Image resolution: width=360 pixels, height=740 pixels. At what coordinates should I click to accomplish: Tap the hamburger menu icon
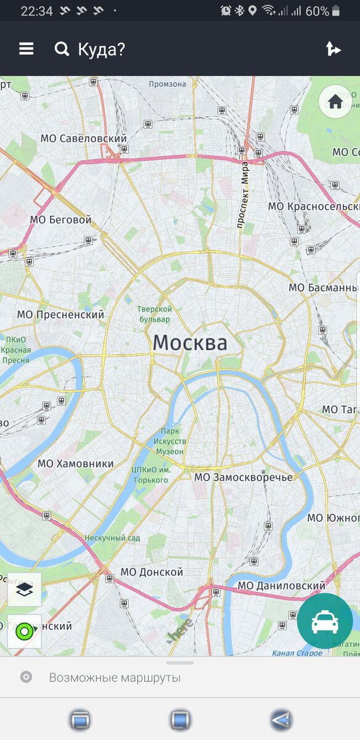click(x=26, y=49)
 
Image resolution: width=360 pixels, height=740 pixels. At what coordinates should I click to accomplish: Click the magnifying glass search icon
click(x=62, y=49)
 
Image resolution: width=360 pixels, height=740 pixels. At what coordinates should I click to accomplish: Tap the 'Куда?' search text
click(x=101, y=49)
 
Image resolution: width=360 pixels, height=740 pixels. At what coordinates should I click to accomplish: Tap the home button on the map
click(x=335, y=102)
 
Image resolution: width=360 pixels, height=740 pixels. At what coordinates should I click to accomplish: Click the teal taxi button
click(x=324, y=622)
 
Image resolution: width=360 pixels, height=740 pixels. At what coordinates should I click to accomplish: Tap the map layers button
click(x=25, y=590)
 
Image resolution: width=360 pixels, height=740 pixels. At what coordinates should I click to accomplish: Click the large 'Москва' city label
click(x=190, y=343)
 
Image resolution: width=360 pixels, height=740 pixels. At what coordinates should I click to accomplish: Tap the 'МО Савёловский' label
click(x=84, y=138)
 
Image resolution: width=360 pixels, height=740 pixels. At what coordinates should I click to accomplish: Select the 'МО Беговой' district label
click(x=60, y=220)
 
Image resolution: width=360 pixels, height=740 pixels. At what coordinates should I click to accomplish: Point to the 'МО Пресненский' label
click(x=60, y=314)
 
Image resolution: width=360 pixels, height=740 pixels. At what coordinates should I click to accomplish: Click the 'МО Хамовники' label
click(x=75, y=463)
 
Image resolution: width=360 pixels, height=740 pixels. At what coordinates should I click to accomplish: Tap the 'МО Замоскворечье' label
click(x=243, y=477)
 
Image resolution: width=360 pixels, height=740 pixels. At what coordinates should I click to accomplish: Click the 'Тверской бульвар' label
click(x=153, y=314)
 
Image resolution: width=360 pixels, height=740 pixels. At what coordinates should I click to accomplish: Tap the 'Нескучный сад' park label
click(x=112, y=538)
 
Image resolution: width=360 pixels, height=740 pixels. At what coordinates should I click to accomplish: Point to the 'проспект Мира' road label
click(x=243, y=195)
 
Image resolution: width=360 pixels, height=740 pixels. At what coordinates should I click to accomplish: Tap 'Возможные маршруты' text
click(x=115, y=678)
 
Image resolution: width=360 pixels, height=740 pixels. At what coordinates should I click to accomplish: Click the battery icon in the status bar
click(x=336, y=11)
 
